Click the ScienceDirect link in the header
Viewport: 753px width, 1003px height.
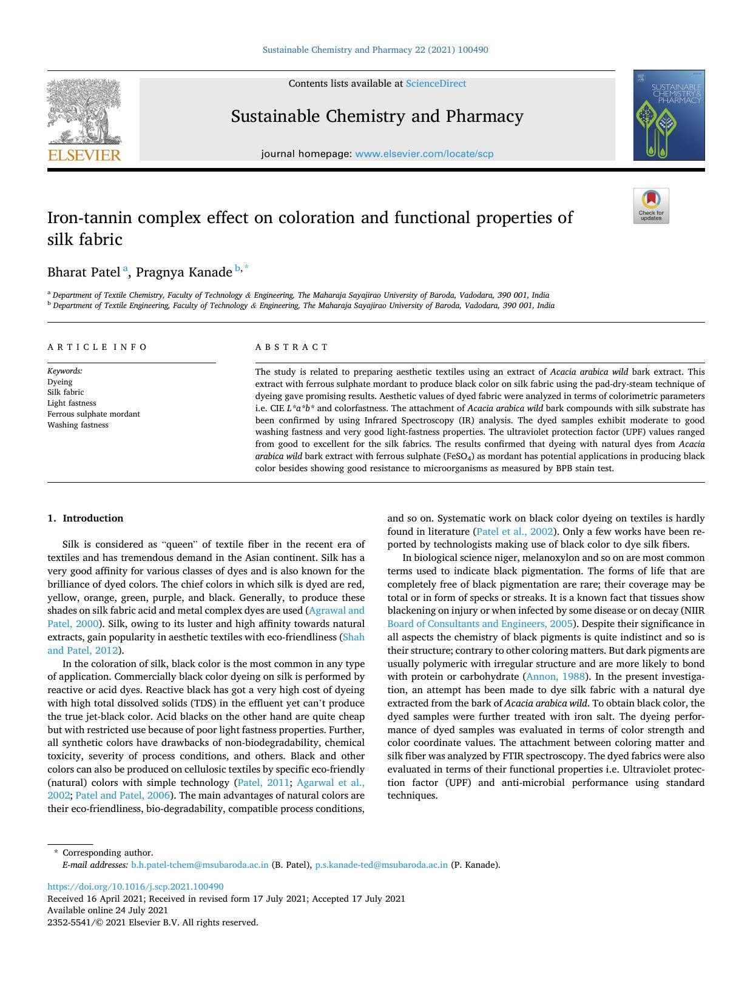point(436,84)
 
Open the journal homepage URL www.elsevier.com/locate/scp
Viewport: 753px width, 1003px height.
point(424,154)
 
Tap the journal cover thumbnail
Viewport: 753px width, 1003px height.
point(669,115)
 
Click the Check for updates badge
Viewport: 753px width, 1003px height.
point(651,206)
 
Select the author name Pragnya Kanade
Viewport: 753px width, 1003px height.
point(184,272)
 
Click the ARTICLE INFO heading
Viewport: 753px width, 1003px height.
point(97,347)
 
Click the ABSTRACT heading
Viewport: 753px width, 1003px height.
point(291,347)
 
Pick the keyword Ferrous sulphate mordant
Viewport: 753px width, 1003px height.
point(93,414)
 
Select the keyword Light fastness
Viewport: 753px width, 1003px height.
point(72,403)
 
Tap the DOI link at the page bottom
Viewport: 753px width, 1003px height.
point(135,887)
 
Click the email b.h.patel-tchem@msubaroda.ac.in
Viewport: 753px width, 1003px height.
point(200,865)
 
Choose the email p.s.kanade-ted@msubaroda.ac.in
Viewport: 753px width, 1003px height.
point(381,865)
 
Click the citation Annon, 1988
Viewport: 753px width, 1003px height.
point(555,677)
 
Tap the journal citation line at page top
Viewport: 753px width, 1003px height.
point(375,50)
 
